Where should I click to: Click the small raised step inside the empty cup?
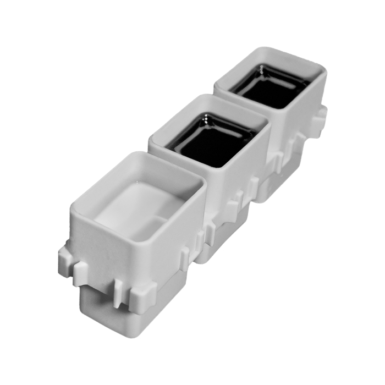pyautogui.click(x=159, y=220)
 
